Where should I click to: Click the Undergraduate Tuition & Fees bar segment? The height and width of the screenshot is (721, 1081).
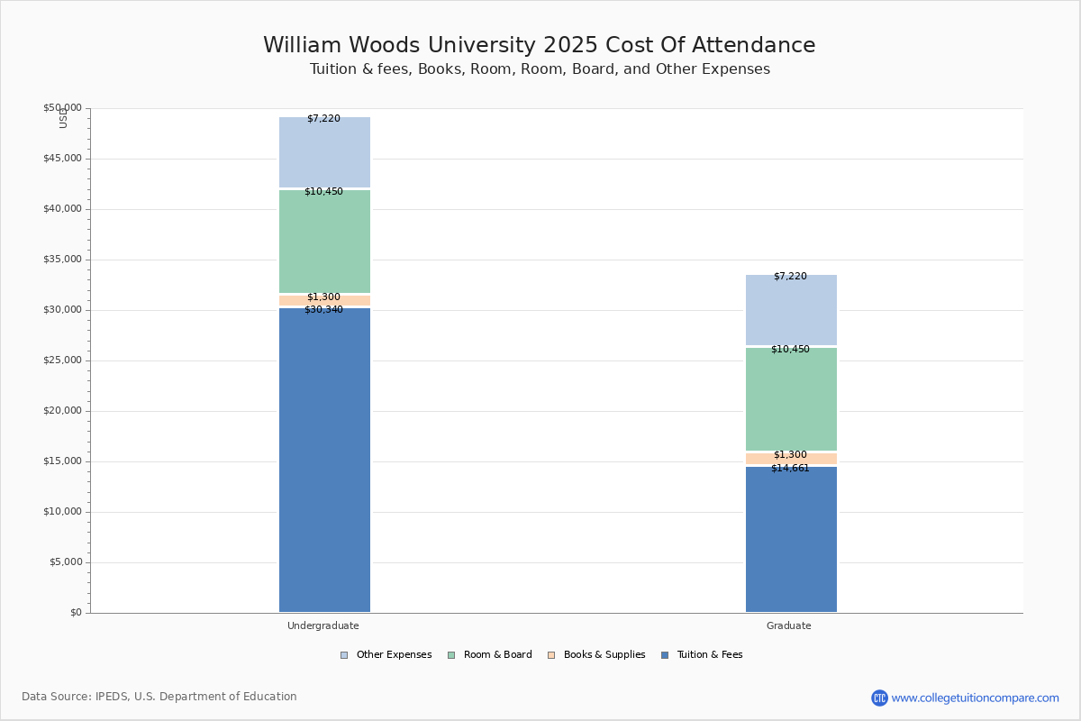(324, 460)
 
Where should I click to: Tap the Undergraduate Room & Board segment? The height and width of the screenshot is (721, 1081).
(324, 242)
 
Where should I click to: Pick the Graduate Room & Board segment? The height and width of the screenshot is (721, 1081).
(791, 399)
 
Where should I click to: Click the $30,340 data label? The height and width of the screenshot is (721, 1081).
(323, 310)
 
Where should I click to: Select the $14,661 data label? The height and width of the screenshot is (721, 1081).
(790, 469)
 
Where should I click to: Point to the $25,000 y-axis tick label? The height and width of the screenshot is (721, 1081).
(62, 360)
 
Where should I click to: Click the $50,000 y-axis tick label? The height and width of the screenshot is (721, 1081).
(62, 108)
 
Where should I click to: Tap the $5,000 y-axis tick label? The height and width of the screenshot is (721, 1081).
(65, 562)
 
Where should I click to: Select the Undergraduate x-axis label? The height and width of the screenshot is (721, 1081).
(323, 625)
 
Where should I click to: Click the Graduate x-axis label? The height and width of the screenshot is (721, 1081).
(789, 625)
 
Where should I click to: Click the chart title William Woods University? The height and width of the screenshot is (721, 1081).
(539, 46)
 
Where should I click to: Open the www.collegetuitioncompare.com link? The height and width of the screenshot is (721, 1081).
(975, 698)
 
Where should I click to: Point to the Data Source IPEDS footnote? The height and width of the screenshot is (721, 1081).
(159, 697)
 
